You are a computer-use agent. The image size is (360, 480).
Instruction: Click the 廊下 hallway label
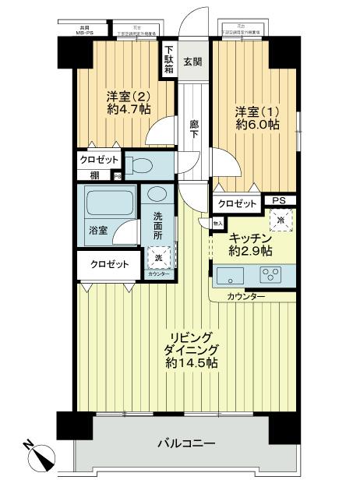coord(194,129)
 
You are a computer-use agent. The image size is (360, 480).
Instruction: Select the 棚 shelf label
coord(94,175)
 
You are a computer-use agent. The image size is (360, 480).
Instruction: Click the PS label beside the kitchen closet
coord(278,201)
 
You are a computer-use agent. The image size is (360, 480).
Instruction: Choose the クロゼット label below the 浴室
coord(109,264)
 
